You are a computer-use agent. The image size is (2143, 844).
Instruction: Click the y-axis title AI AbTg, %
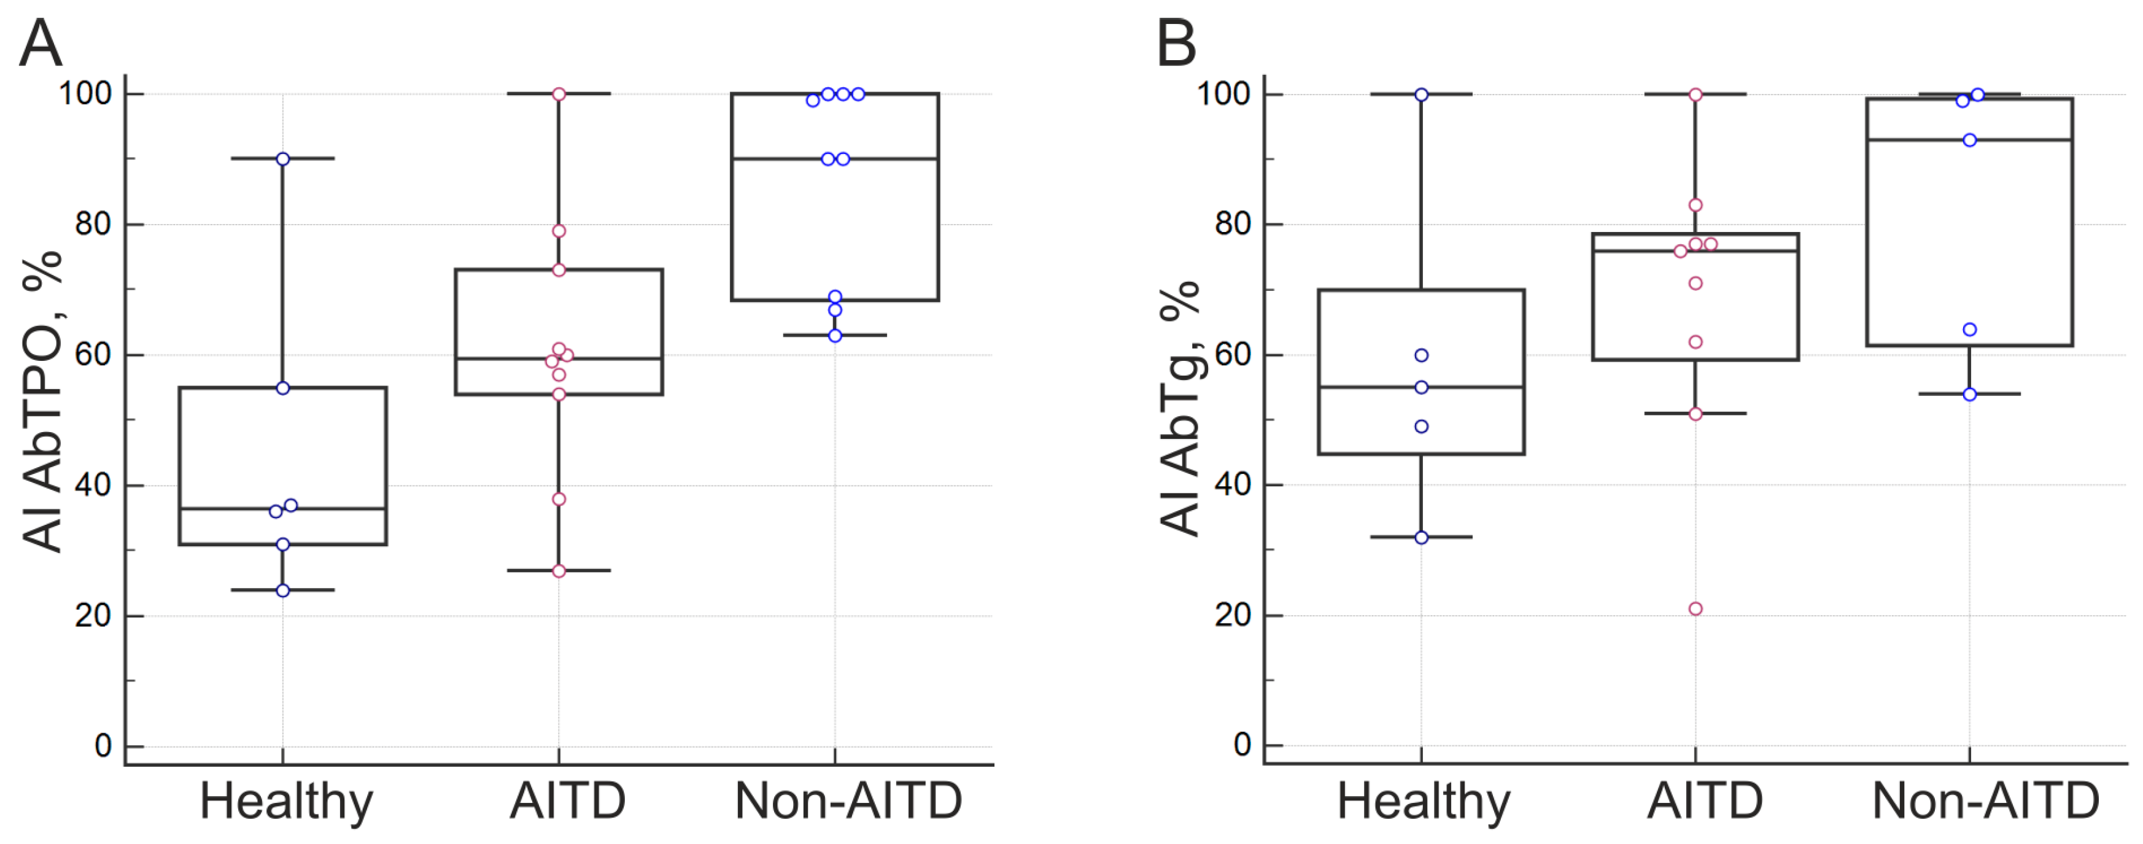coord(1180,408)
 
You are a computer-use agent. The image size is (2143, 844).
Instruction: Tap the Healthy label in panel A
coord(286,802)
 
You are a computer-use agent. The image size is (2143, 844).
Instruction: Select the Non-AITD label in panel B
coord(1985,802)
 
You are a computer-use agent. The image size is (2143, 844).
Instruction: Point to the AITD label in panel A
coord(567,802)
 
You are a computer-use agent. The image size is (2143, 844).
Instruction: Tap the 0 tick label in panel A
coord(103,746)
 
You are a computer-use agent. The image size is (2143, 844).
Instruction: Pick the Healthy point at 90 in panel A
coord(283,159)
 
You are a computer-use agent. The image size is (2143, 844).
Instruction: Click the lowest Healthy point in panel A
coord(283,590)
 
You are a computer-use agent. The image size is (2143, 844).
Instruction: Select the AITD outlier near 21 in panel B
coord(1695,609)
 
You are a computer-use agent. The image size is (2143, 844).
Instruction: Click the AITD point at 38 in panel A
coord(559,499)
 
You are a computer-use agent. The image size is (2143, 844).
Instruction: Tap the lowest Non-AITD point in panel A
coord(835,336)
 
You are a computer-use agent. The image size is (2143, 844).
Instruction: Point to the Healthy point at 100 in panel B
coord(1422,95)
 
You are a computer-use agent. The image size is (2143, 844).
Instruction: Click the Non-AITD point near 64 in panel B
coord(1970,329)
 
